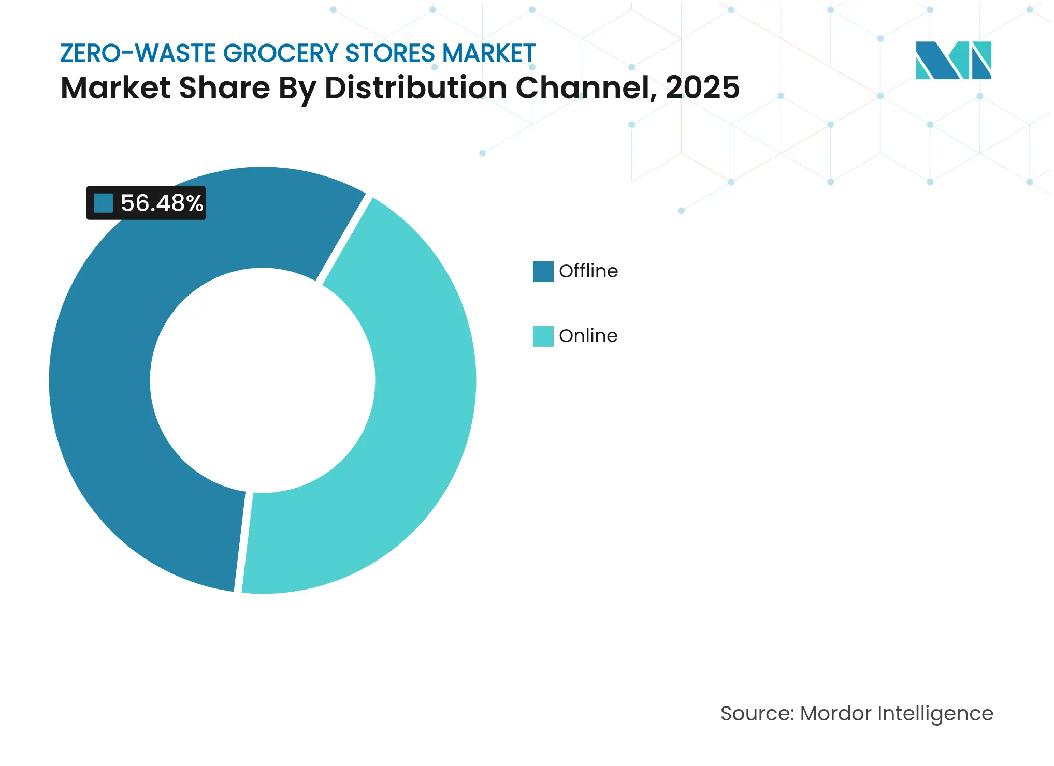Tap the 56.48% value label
tap(162, 203)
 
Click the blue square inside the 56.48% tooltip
tap(103, 203)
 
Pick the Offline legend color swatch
tap(543, 272)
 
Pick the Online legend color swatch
tap(543, 336)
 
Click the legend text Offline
tap(588, 271)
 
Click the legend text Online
tap(588, 336)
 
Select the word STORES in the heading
tap(389, 53)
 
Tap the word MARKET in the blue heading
tap(488, 53)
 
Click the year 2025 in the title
tap(702, 87)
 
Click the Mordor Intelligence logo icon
tap(953, 60)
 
